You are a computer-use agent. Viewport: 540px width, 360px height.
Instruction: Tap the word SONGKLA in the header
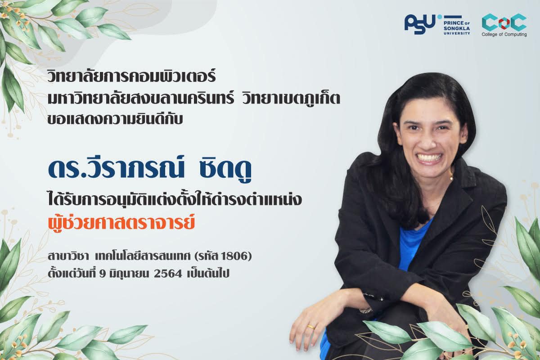pos(457,29)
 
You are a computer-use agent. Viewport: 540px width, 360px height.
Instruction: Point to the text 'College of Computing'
pos(504,35)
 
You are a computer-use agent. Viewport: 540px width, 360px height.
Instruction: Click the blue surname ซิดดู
pos(225,169)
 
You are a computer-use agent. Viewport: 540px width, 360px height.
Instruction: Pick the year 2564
pos(167,274)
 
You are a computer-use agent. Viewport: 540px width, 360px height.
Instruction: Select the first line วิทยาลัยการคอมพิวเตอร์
pos(131,76)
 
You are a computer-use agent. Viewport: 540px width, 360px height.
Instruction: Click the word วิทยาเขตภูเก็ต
pos(291,99)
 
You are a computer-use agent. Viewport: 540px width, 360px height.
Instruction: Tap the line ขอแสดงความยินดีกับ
pos(115,119)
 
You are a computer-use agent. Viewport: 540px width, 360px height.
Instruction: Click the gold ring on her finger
pos(311,327)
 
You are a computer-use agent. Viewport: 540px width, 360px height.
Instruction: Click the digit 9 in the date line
pos(103,274)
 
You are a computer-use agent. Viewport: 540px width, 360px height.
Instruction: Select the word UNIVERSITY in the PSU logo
pos(457,33)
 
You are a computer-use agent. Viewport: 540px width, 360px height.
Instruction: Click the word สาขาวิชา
pos(66,256)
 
